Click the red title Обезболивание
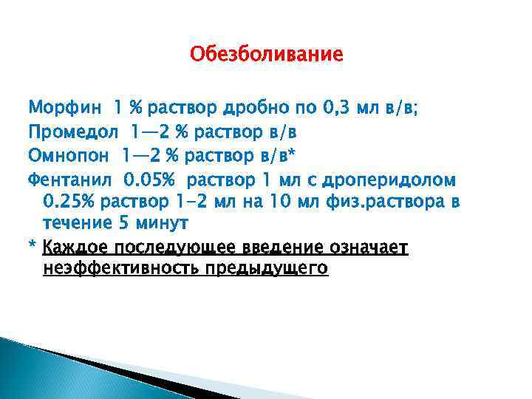(266, 55)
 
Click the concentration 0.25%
(69, 202)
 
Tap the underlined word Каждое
(73, 248)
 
